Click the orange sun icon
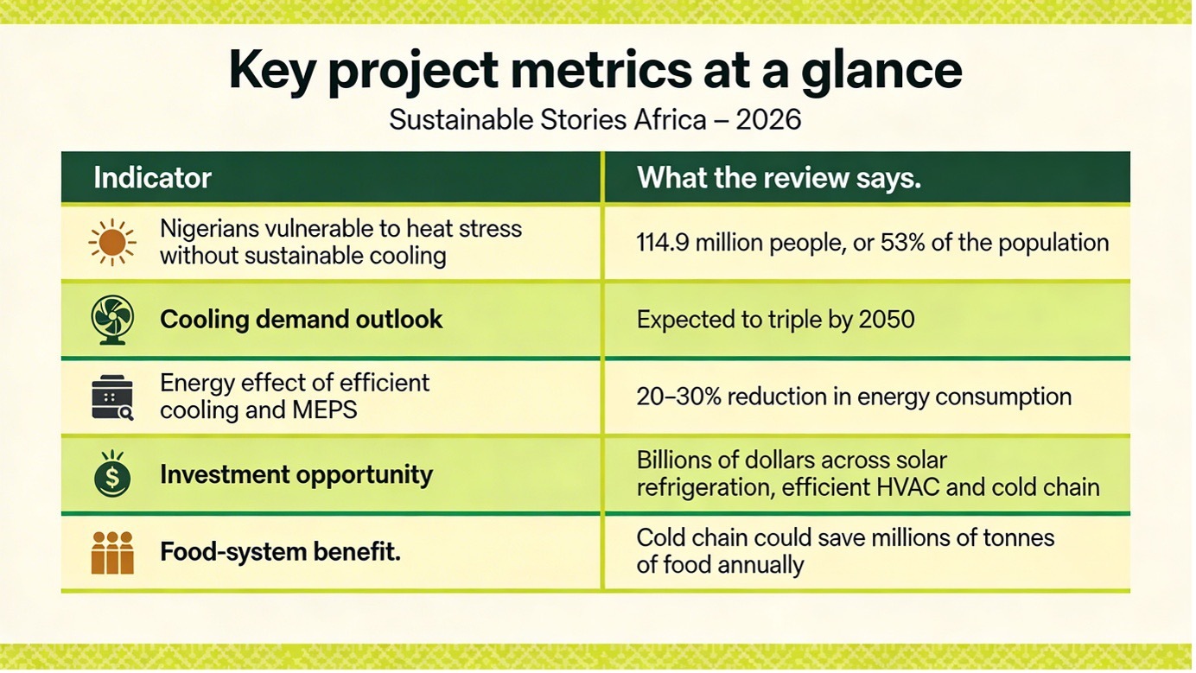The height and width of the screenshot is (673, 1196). tap(112, 242)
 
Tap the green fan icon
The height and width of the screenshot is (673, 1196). tap(112, 320)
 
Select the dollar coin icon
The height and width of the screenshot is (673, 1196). tap(112, 474)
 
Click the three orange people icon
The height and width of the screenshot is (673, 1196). tap(112, 552)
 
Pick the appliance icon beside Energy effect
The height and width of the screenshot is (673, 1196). tap(112, 397)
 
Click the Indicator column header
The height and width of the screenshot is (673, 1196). tap(152, 178)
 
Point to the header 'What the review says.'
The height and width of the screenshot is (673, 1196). tap(779, 178)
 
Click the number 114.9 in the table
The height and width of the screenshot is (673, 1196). tap(663, 243)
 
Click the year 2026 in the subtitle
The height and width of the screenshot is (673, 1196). tap(769, 119)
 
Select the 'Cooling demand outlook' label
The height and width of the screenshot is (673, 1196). tap(301, 320)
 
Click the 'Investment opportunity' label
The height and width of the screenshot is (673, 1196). tap(296, 474)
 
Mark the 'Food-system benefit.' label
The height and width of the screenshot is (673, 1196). tap(280, 551)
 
